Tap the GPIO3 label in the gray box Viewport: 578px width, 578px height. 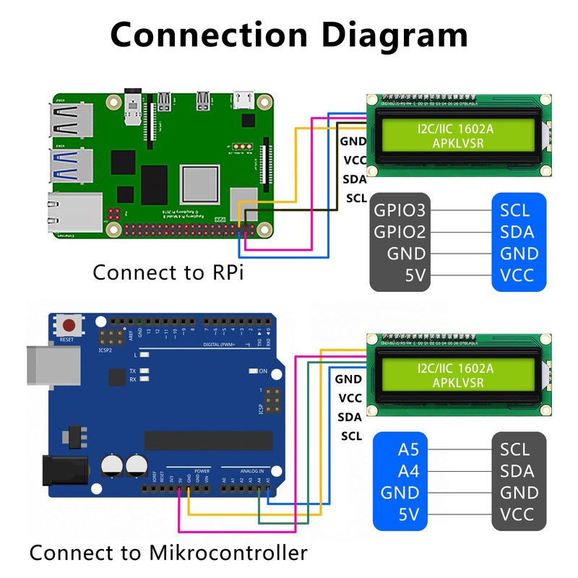pyautogui.click(x=400, y=210)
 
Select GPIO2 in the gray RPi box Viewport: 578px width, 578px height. pyautogui.click(x=400, y=232)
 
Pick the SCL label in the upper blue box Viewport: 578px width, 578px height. pyautogui.click(x=514, y=210)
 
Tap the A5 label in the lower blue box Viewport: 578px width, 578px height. pyautogui.click(x=408, y=449)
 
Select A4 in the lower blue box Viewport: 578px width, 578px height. pyautogui.click(x=408, y=471)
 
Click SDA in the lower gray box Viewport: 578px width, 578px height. pyautogui.click(x=517, y=471)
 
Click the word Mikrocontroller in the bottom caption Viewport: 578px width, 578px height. pyautogui.click(x=228, y=553)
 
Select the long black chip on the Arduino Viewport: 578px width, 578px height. pyautogui.click(x=208, y=441)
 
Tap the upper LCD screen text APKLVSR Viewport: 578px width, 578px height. pyautogui.click(x=457, y=143)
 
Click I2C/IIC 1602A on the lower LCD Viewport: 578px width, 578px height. pyautogui.click(x=455, y=368)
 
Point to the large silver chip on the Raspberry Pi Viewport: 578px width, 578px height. pyautogui.click(x=200, y=184)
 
